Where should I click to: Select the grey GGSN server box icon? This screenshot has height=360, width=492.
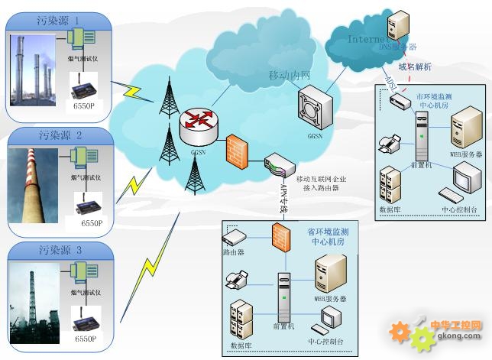pos(316,108)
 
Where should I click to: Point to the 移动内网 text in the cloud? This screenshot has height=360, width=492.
pos(290,76)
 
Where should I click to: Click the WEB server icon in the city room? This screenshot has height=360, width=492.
pos(464,129)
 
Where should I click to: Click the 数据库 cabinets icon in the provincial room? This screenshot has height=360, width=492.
pos(241,319)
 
